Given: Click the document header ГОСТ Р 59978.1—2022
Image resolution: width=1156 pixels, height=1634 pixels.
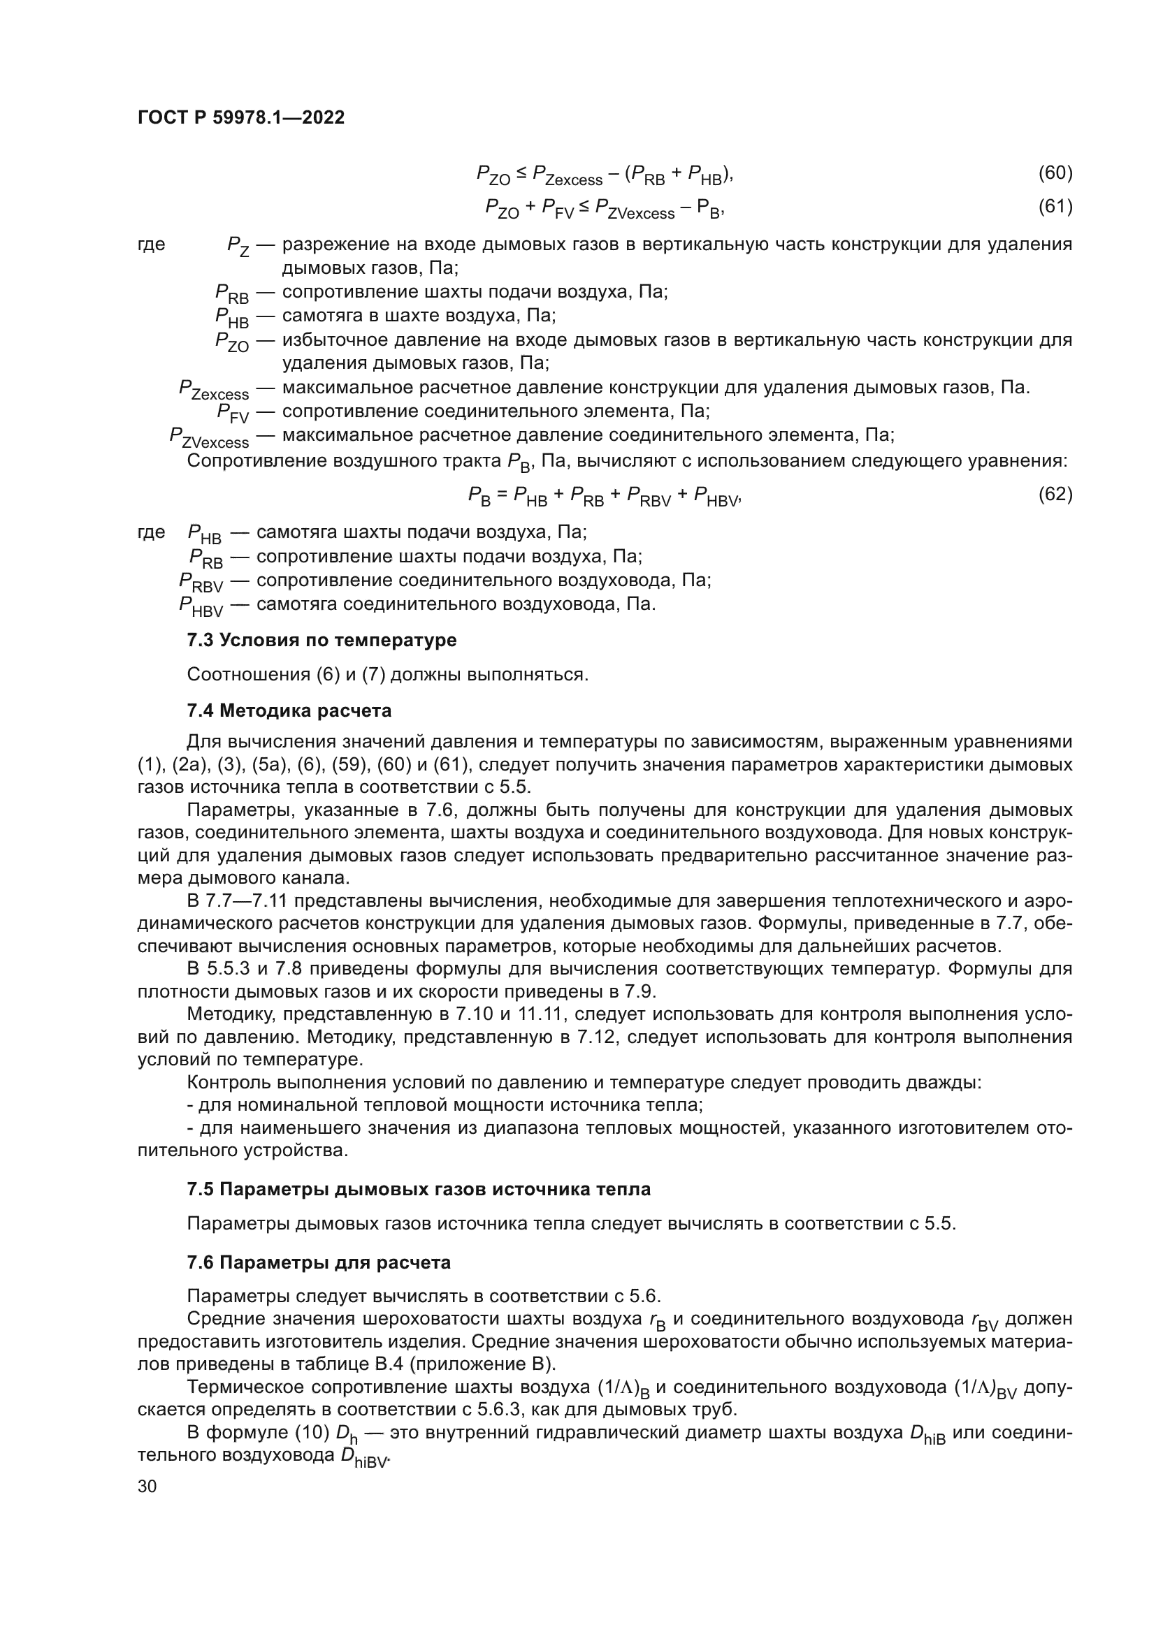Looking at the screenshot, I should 240,117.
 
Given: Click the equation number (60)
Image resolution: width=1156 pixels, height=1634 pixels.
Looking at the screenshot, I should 1055,173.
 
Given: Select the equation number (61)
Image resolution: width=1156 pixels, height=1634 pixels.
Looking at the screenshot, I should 1055,206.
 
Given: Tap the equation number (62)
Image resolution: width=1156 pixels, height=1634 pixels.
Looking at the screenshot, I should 1055,494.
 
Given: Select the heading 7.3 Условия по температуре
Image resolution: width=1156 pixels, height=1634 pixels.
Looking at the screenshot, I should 321,640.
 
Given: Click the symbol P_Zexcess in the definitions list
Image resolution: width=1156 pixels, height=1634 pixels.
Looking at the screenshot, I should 214,390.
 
